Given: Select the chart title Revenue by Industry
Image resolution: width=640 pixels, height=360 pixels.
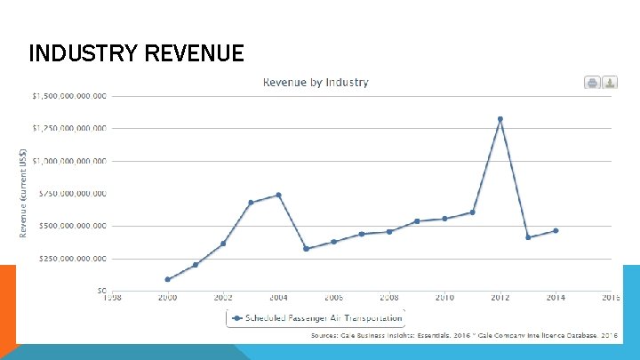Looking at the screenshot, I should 315,83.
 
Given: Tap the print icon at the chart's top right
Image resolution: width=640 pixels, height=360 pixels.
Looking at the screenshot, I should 592,83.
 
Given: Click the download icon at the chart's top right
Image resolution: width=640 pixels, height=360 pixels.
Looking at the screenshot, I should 610,83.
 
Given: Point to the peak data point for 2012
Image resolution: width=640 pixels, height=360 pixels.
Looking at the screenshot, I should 500,119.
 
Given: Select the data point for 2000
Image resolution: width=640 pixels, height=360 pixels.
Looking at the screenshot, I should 167,279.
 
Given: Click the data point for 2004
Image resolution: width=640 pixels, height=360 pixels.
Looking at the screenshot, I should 278,195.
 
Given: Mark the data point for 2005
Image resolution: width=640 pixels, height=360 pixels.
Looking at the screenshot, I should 306,249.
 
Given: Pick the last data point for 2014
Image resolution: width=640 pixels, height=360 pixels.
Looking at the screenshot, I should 556,230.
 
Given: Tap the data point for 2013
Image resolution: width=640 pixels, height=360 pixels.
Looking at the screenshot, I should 528,237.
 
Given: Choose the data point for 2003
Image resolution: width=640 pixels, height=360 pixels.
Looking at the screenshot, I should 251,203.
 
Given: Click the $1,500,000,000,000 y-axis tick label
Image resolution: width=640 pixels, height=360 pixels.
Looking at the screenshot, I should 68,96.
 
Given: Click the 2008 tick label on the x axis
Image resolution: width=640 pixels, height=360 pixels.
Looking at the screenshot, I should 389,298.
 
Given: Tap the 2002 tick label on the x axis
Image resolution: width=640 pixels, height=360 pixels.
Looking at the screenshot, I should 223,298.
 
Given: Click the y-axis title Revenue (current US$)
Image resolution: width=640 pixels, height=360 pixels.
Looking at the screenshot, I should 24,193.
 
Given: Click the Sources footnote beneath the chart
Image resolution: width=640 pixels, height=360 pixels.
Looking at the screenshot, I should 463,336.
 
